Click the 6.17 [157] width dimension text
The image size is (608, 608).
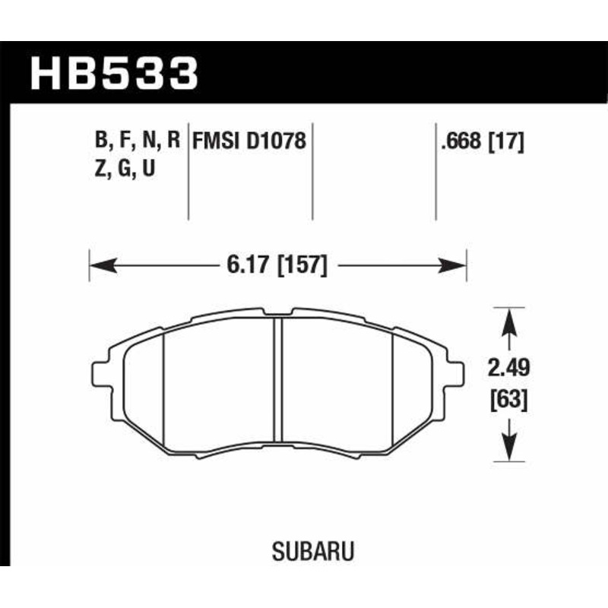tap(277, 265)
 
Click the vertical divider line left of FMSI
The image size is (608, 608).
tap(188, 175)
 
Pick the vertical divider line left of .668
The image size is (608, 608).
tap(435, 175)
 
